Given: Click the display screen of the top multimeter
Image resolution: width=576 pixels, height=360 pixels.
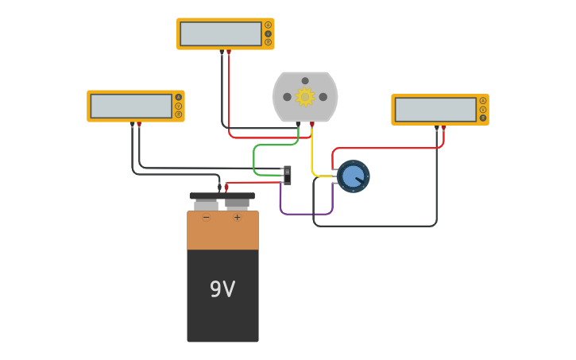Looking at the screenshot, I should [x=220, y=33].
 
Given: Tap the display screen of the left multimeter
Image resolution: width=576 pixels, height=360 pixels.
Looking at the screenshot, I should [x=131, y=106].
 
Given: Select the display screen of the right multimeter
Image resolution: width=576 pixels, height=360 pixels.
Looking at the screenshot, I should [x=435, y=110].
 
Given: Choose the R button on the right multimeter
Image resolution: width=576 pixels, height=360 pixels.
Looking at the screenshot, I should [x=482, y=118].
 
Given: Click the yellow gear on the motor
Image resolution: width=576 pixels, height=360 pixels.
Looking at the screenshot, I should [x=305, y=97].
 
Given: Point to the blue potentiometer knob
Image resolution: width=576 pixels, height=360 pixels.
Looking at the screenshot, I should [x=353, y=176].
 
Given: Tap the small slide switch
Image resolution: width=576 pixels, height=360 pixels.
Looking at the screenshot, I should [x=288, y=175].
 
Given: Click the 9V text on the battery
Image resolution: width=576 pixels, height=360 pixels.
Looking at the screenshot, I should [x=222, y=289].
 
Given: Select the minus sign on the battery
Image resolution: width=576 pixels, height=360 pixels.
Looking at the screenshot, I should [x=207, y=217].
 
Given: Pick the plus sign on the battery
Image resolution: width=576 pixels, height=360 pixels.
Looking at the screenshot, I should [x=237, y=217].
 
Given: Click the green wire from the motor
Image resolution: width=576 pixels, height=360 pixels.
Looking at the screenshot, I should [x=254, y=159].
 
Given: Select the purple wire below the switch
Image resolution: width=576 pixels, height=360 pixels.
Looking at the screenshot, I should [x=306, y=214].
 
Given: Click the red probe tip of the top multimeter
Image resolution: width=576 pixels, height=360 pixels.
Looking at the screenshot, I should [x=229, y=52].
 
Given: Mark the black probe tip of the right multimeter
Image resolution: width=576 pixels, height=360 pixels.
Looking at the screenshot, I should [x=436, y=128].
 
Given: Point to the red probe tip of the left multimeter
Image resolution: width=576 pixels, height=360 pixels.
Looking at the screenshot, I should [x=139, y=125].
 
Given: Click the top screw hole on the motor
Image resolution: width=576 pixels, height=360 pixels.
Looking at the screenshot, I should [x=305, y=80].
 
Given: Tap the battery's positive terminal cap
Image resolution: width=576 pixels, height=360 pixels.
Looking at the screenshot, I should [x=237, y=203].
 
